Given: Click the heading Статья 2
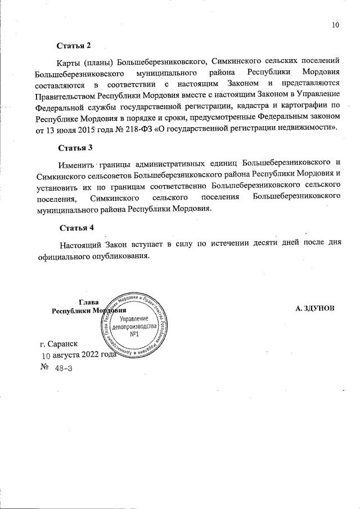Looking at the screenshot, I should click(74, 44).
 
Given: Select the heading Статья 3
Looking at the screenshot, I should click(75, 148).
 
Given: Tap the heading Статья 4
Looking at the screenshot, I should click(75, 228).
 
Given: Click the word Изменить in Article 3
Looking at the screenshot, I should click(76, 164).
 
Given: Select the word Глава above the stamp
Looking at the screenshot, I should click(89, 302).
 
